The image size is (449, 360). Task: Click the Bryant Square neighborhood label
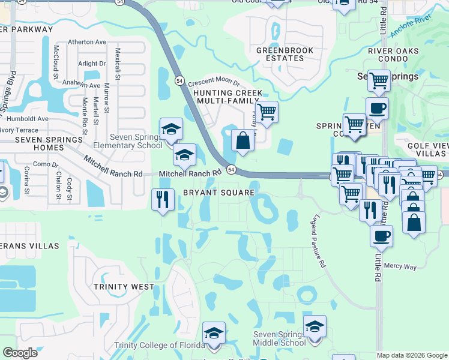(x=218, y=193)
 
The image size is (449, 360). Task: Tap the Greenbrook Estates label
(x=280, y=54)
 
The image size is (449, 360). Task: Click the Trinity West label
(x=124, y=287)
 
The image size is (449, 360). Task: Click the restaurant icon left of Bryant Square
(x=161, y=199)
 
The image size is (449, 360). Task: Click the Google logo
(x=20, y=353)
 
